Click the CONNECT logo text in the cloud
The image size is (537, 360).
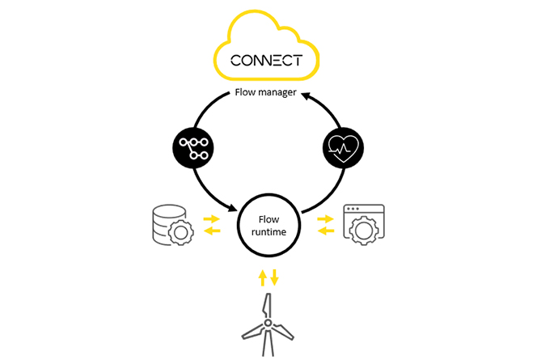266,61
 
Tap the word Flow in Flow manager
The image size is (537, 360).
245,92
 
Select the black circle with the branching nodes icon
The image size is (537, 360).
193,147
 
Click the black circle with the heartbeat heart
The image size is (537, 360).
343,147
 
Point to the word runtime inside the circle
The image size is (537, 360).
268,232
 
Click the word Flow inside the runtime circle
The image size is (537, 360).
268,219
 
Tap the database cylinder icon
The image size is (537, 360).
168,224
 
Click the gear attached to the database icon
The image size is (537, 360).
180,233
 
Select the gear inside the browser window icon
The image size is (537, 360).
364,231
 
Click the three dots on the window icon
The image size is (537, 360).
353,209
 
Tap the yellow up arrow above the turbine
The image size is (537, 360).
262,277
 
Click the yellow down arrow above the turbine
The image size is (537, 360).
274,277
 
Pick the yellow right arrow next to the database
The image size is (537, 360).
212,218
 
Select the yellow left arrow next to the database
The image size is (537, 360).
212,231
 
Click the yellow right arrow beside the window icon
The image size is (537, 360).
325,218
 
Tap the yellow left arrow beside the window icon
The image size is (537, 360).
326,231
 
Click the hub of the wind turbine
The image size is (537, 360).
268,323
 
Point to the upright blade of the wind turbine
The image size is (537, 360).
267,307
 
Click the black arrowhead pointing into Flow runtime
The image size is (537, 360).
233,208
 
